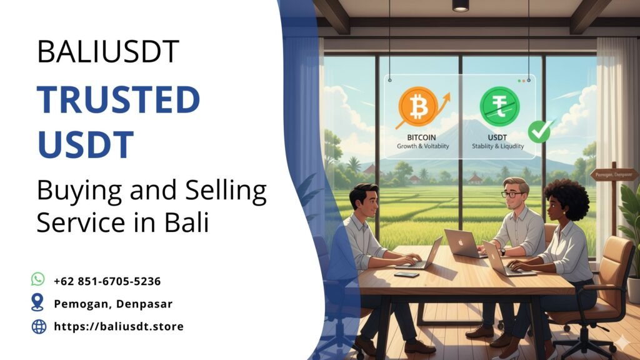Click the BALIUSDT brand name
point(108,52)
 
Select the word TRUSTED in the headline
point(118,99)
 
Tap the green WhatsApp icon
point(38,279)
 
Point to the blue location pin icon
point(38,302)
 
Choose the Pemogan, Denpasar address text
point(112,304)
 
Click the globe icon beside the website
point(39,326)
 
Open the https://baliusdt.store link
point(119,326)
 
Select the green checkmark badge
point(539,131)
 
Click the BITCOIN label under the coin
point(416,137)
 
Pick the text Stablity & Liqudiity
point(497,146)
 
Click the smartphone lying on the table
point(407,274)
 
